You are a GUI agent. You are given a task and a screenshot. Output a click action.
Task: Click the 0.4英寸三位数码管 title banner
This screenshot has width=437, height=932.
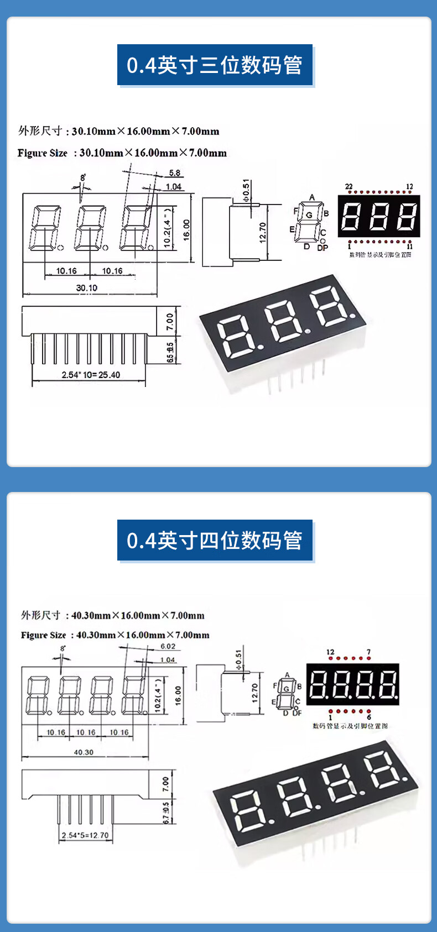click(x=215, y=65)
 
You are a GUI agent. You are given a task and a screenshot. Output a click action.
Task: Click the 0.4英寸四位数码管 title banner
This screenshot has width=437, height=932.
click(x=215, y=540)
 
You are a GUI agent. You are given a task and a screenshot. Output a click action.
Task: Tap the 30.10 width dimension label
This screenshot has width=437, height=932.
click(x=86, y=287)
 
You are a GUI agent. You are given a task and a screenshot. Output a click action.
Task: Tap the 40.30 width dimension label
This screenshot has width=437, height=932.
click(x=84, y=752)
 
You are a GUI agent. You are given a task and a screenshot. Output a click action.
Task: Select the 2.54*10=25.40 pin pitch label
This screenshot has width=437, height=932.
click(x=91, y=375)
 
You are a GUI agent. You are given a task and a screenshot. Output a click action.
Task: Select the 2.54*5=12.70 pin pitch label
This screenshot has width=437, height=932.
click(x=85, y=835)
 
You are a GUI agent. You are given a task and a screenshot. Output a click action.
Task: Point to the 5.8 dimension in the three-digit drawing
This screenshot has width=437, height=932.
click(x=174, y=173)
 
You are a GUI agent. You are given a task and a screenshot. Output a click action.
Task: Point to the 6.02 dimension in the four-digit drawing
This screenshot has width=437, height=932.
click(x=168, y=646)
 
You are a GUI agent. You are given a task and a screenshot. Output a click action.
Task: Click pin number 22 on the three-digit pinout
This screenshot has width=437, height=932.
click(x=348, y=186)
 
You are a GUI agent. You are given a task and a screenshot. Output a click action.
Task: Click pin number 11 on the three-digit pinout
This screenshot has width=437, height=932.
click(x=409, y=247)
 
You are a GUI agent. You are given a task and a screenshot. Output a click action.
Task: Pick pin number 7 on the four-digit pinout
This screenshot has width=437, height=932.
click(x=368, y=652)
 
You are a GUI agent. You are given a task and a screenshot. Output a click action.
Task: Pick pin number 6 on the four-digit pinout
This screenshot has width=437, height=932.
click(x=368, y=717)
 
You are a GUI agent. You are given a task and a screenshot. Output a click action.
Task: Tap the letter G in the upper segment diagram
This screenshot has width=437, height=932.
click(x=309, y=215)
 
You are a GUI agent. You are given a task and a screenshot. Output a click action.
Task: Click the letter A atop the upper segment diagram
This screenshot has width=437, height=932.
click(x=312, y=197)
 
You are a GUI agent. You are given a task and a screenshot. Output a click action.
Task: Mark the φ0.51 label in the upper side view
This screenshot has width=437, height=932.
click(x=246, y=190)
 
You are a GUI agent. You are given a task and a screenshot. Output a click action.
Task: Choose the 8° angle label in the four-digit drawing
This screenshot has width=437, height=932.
click(x=63, y=648)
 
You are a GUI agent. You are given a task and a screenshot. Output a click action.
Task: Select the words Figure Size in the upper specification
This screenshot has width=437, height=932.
click(x=42, y=153)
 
